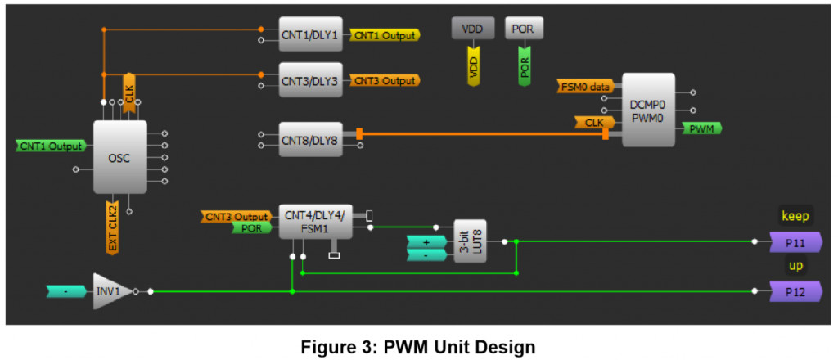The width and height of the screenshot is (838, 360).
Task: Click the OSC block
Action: coord(120,156)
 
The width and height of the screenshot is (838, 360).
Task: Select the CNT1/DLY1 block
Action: coord(310,34)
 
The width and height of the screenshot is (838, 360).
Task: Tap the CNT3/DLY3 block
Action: coord(310,80)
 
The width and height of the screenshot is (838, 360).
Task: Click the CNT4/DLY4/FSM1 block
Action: coord(313,222)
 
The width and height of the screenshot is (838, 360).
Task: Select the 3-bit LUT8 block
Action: coord(470,242)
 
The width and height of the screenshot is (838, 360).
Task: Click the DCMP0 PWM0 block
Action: coord(648,110)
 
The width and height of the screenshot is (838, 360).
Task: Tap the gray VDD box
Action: coord(473,28)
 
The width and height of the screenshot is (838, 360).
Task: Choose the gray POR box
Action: coord(523,28)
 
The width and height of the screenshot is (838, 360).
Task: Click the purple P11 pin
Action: coord(795,242)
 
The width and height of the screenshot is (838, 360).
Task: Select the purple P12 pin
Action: coord(795,291)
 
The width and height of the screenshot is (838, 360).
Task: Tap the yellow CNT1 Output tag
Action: coord(384,34)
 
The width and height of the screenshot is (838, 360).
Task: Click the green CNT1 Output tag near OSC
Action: coord(51,146)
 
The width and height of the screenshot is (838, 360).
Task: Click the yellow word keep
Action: coord(795,216)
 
